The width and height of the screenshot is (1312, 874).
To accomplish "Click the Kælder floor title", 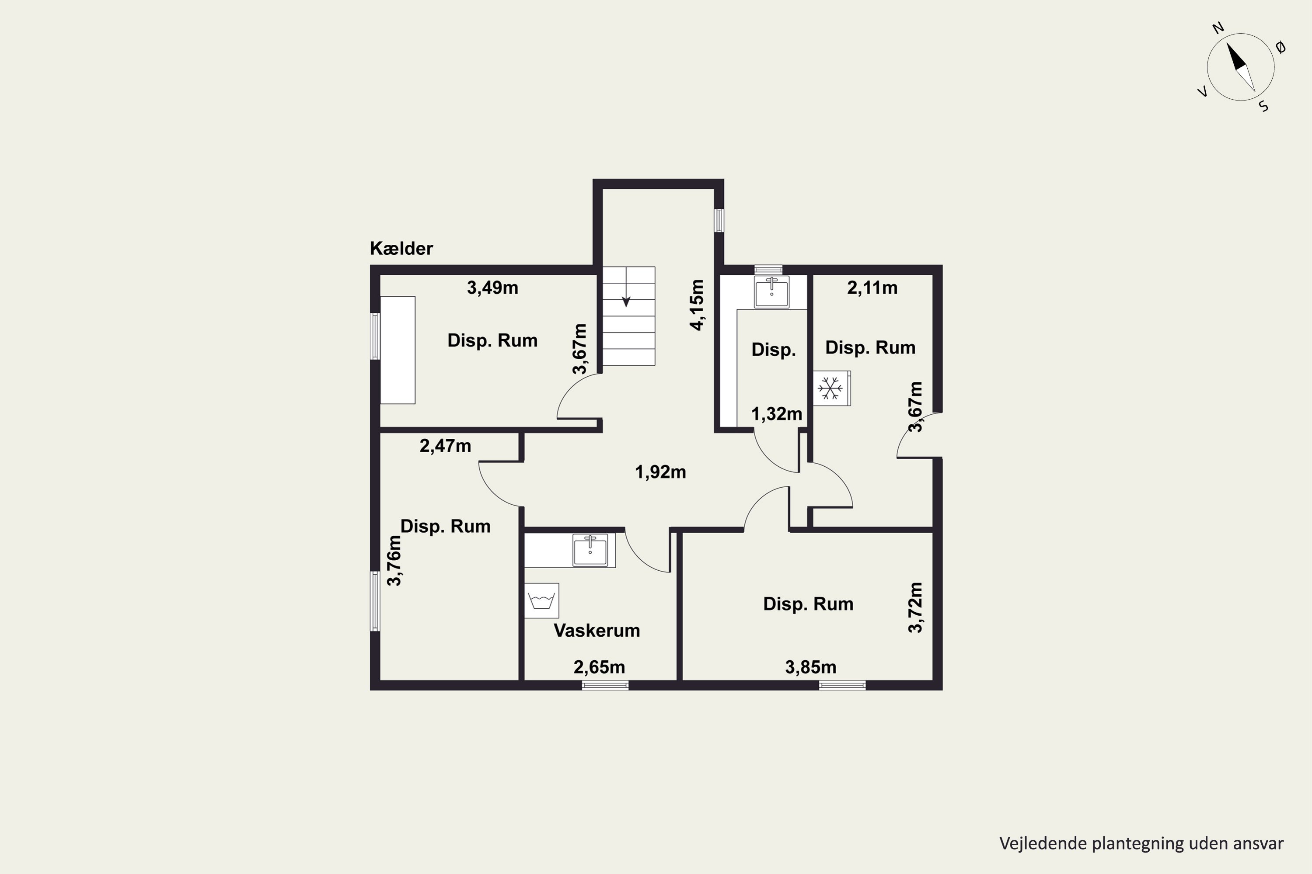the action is click(x=401, y=249).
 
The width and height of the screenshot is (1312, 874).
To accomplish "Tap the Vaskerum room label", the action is click(x=597, y=631).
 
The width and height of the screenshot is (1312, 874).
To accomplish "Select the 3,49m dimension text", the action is click(x=492, y=288).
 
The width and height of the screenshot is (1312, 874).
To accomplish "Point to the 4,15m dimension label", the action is click(x=697, y=305).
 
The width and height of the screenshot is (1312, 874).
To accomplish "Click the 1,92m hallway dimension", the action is click(x=660, y=472).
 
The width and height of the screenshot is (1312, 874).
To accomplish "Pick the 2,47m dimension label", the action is click(x=445, y=446).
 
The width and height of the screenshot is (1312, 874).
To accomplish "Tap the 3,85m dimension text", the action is click(x=810, y=667).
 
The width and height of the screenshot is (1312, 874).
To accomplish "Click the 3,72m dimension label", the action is click(x=915, y=607).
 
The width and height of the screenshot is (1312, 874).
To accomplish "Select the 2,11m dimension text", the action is click(x=872, y=288).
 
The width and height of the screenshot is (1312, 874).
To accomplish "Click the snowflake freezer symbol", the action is click(x=830, y=388).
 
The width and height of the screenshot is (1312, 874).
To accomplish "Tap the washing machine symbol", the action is click(x=542, y=601).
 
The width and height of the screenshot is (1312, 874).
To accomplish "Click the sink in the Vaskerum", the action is click(x=590, y=550).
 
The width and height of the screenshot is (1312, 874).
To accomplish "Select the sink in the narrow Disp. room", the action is click(x=771, y=291).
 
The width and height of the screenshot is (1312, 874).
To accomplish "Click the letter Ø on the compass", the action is click(x=1281, y=48).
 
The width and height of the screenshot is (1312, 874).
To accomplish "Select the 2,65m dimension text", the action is click(x=599, y=667).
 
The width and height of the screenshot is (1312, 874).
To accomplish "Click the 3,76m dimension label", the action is click(x=394, y=561).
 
